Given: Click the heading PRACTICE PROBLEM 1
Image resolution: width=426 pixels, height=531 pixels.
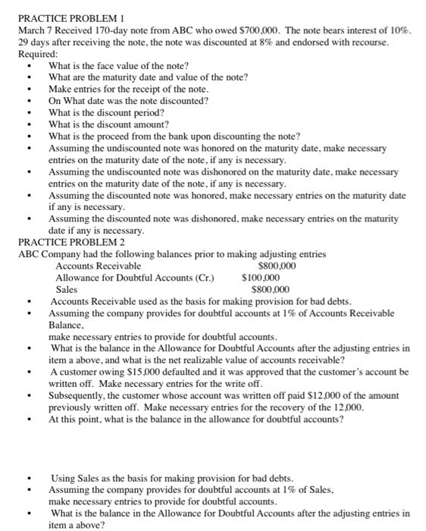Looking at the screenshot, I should [x=69, y=17].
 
